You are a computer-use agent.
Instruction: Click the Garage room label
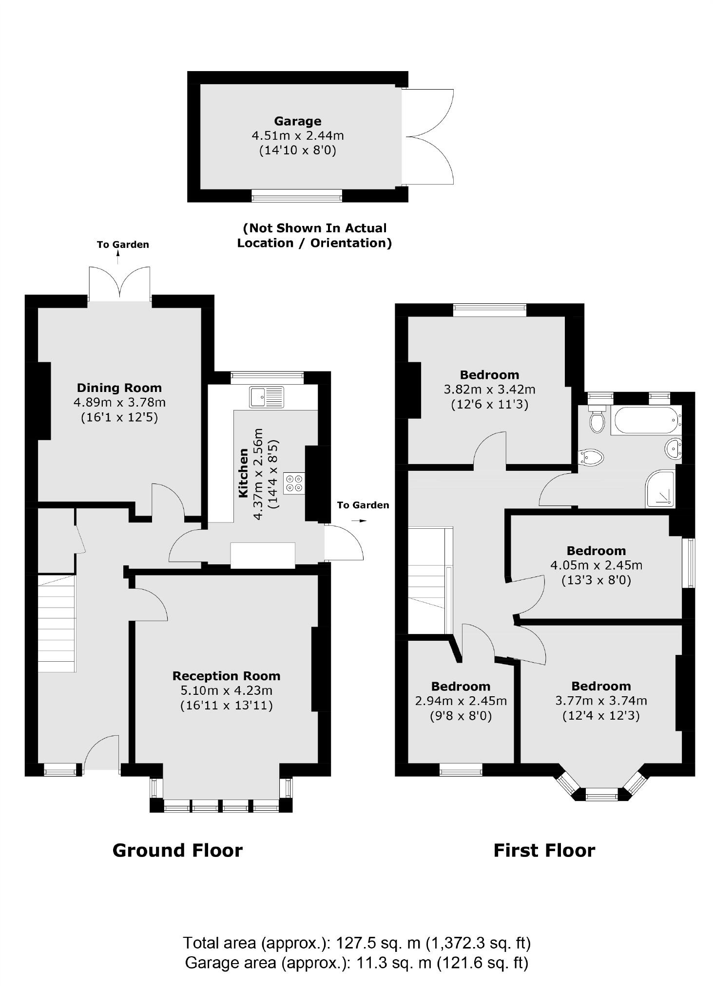(x=297, y=121)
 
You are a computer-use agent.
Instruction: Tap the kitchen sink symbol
(x=266, y=396)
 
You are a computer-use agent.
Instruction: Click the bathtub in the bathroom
(x=645, y=420)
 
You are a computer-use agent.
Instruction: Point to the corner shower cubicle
(x=661, y=488)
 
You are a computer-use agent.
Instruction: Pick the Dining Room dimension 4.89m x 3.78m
(x=119, y=403)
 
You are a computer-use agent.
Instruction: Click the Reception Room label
(x=226, y=676)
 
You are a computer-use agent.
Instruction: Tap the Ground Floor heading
(x=177, y=851)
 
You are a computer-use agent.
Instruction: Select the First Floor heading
(x=544, y=851)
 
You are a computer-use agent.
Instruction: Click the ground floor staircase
(x=57, y=623)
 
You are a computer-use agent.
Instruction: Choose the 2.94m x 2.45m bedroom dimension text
(x=461, y=701)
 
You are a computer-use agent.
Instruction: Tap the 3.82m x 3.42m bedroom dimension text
(x=489, y=390)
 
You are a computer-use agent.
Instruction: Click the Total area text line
(x=356, y=943)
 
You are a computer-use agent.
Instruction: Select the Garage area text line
(x=356, y=963)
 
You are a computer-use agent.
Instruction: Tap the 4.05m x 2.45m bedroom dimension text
(x=596, y=565)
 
